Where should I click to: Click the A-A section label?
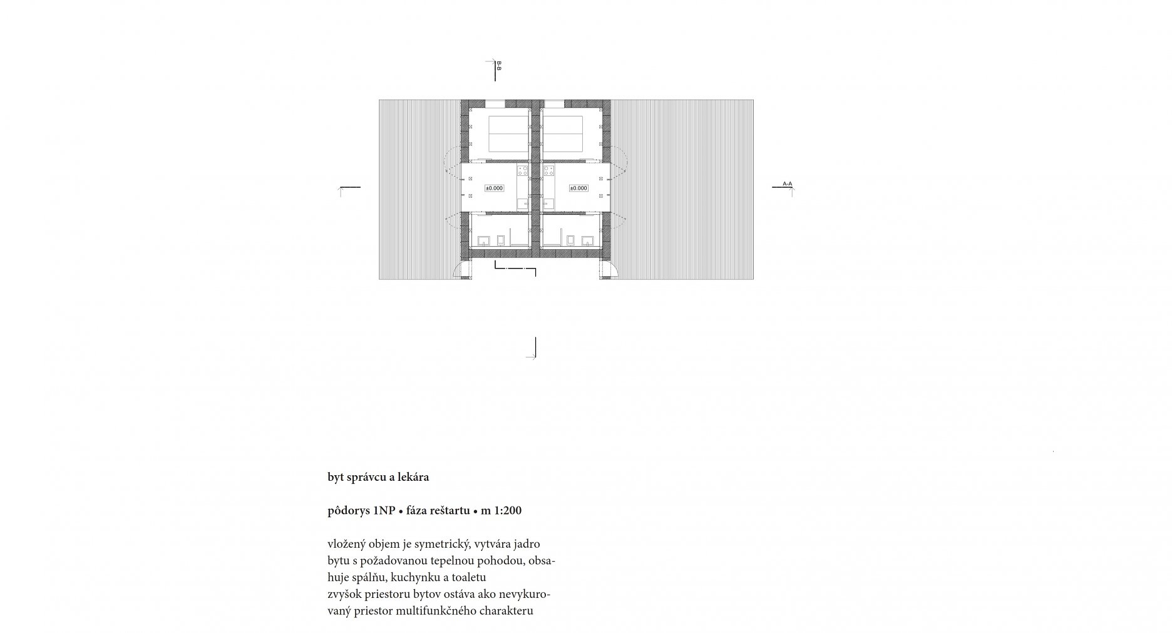pos(787,184)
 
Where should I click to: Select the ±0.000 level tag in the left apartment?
pos(494,188)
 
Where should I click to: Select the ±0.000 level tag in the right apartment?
pos(578,188)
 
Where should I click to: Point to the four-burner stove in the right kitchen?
pos(550,170)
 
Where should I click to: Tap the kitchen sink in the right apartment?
pos(550,203)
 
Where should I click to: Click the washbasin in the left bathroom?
pos(483,240)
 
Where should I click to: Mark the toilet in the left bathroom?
pos(500,240)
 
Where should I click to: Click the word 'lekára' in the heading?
pos(413,477)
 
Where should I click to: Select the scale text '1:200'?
pos(508,510)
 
